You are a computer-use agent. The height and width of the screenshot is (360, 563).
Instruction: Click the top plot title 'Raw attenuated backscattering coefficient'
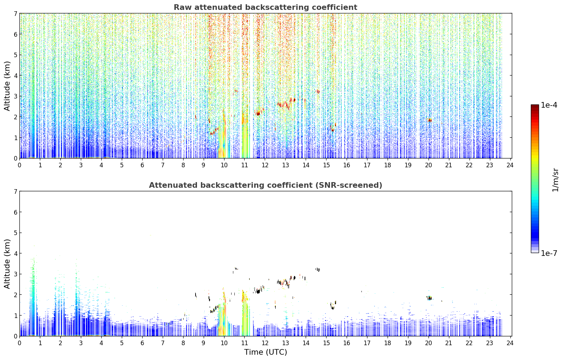coord(265,7)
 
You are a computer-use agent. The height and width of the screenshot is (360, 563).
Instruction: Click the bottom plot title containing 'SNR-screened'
coord(265,185)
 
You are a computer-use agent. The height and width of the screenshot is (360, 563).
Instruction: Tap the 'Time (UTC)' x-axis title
coord(265,352)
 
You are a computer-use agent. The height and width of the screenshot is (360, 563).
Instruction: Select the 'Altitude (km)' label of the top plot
coord(7,86)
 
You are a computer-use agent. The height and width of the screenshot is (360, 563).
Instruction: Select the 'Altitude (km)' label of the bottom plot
coord(7,264)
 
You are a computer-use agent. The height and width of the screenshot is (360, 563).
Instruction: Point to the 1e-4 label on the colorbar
coord(549,105)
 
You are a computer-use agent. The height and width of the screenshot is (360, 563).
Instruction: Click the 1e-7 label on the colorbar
coord(549,253)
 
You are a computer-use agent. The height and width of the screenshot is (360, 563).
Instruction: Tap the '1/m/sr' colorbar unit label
coord(555,180)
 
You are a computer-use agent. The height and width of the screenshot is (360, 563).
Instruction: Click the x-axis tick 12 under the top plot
coord(265,165)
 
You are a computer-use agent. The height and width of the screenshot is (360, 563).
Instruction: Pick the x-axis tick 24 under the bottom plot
coord(510,343)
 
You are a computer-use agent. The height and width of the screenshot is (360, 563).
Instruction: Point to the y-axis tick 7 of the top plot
coord(15,13)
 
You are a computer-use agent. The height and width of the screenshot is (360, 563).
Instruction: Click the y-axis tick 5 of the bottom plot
coord(15,233)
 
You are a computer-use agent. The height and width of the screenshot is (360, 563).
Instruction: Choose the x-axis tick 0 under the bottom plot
coord(20,343)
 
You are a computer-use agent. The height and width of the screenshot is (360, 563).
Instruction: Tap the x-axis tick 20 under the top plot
coord(428,165)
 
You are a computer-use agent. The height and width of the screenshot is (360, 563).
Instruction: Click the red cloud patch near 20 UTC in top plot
coord(429,120)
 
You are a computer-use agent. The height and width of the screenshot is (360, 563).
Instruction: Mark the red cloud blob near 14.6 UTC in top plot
coord(318,91)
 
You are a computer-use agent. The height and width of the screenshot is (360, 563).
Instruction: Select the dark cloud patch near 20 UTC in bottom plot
coord(429,298)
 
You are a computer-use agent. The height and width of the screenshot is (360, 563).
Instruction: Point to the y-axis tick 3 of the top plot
coord(15,96)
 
